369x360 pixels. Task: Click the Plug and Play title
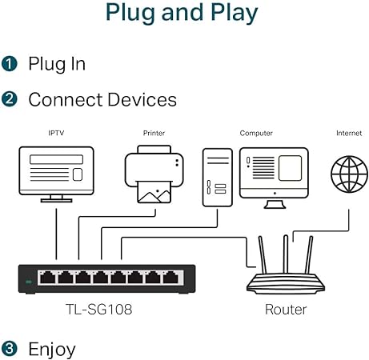(182, 14)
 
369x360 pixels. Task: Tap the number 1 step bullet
(10, 64)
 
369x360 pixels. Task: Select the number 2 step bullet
(10, 100)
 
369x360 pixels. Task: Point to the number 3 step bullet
(10, 349)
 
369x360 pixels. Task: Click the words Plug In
(57, 64)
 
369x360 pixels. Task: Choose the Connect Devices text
(102, 100)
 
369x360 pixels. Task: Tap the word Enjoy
(52, 349)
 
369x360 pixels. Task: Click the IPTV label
(55, 133)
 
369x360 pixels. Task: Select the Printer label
(154, 133)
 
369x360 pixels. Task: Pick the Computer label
(256, 133)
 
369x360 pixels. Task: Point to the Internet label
(348, 133)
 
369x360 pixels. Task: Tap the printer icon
(154, 174)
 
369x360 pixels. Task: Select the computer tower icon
(218, 178)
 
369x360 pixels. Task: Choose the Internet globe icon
(349, 173)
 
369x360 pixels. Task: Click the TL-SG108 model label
(99, 309)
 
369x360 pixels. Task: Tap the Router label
(286, 309)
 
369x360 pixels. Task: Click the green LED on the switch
(30, 281)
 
